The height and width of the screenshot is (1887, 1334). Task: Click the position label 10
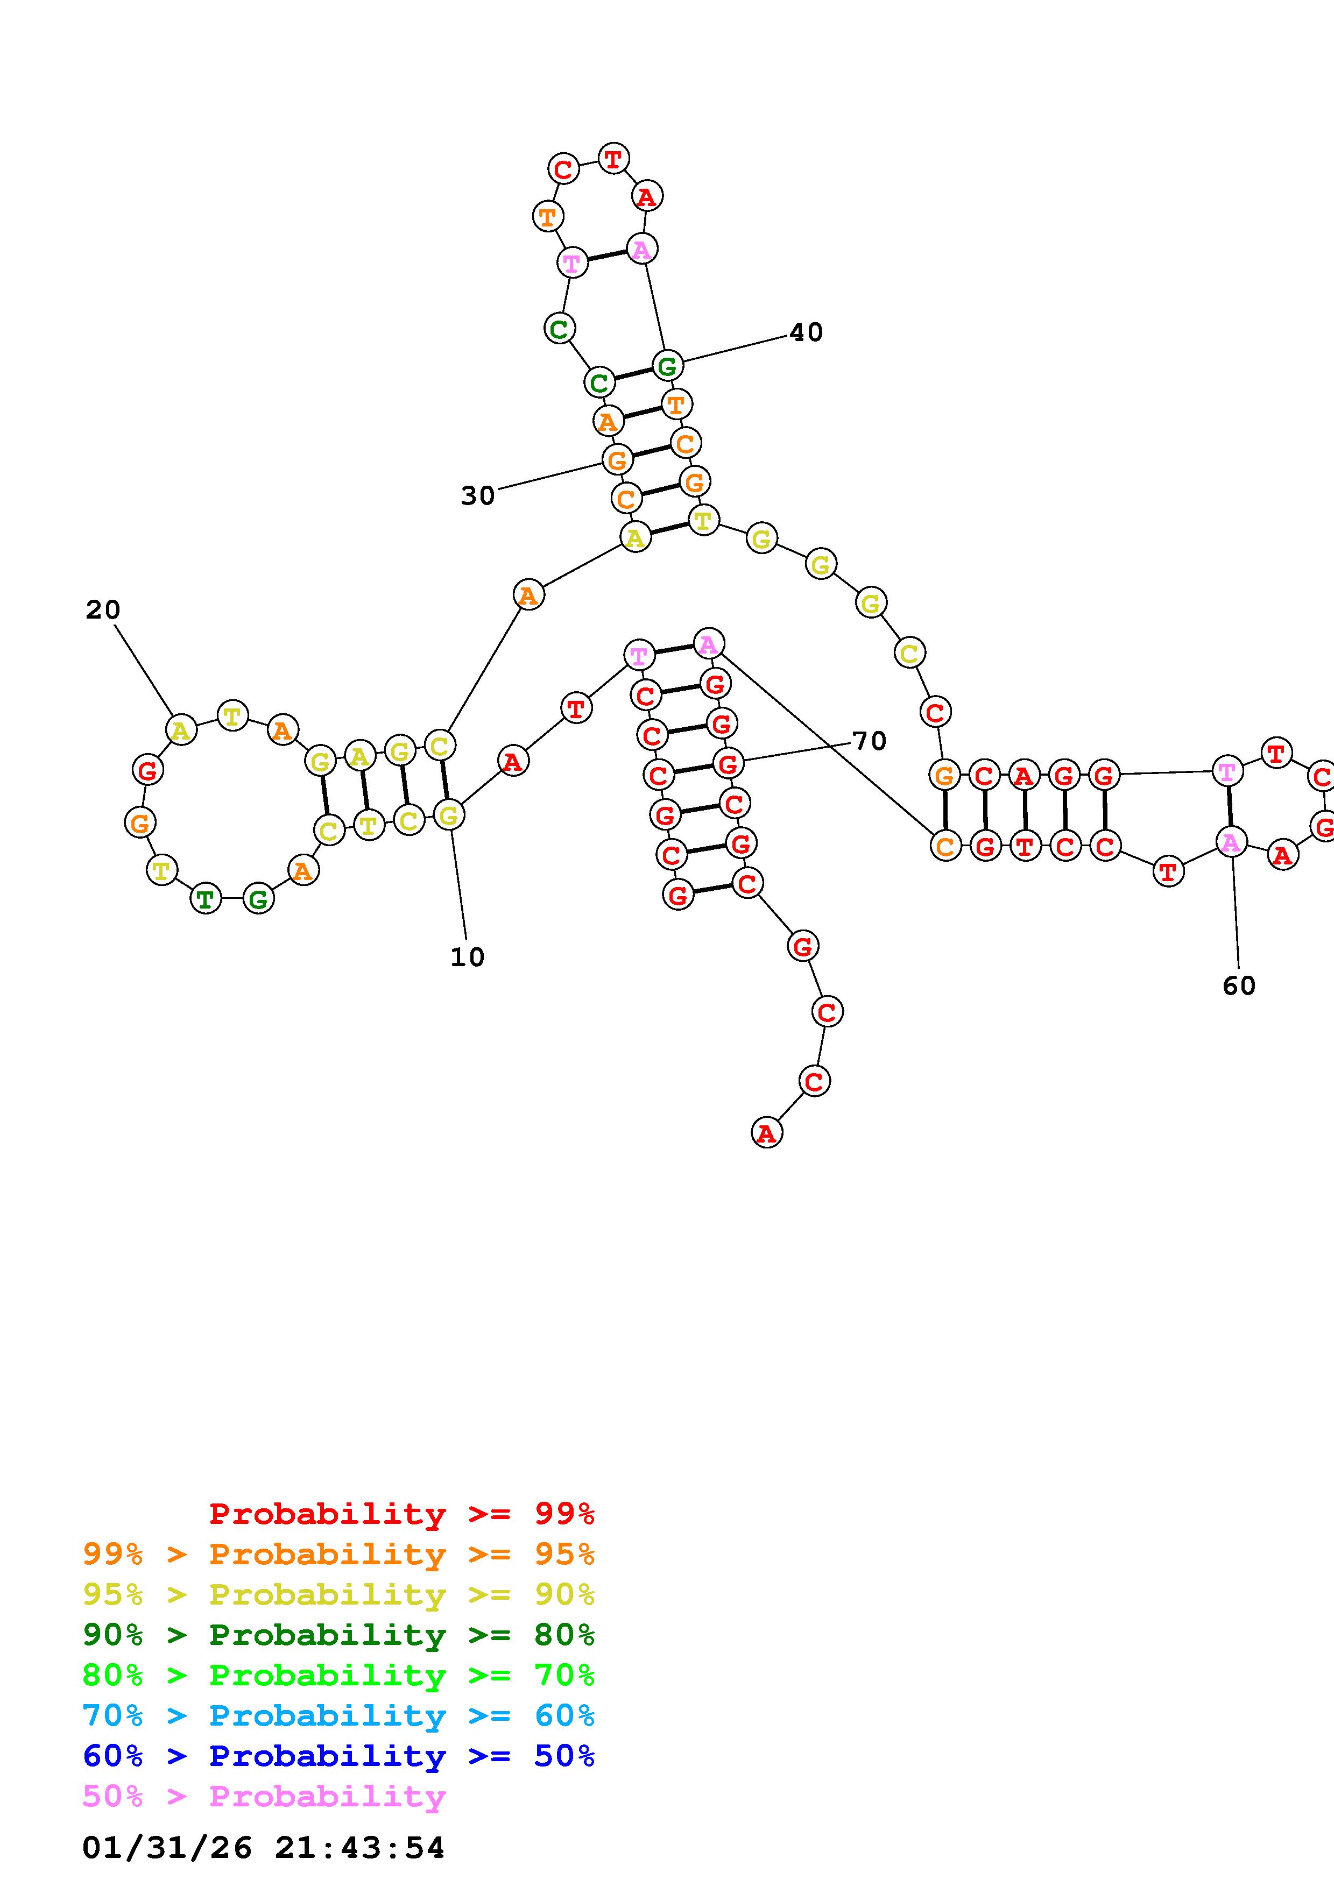(x=467, y=956)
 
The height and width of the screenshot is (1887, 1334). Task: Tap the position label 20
(x=103, y=610)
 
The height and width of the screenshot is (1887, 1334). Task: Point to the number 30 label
(x=477, y=495)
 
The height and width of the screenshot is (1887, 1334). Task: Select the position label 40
(x=806, y=332)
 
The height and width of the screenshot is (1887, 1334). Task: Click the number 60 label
(x=1239, y=985)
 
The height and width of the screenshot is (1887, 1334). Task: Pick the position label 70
(x=869, y=741)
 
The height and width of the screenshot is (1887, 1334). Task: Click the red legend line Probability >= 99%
(x=402, y=1514)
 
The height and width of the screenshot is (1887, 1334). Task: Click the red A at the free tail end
(x=766, y=1133)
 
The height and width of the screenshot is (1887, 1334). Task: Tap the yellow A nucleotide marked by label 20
(x=181, y=730)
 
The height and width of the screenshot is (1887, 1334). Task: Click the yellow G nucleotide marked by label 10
(x=448, y=815)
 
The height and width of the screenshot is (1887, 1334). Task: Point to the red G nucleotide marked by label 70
(x=728, y=763)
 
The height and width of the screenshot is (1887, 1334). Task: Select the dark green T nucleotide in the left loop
(x=206, y=899)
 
